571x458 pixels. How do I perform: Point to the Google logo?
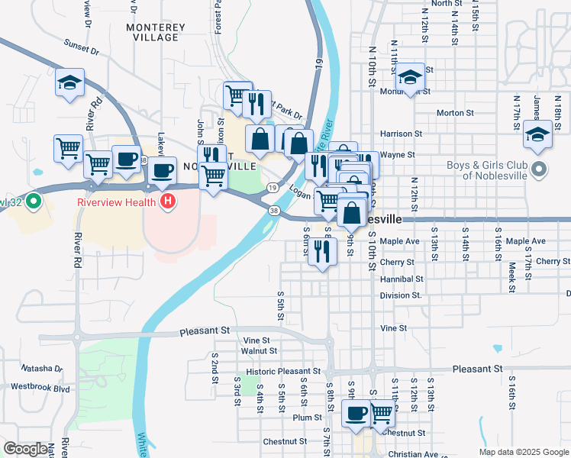pos(25,449)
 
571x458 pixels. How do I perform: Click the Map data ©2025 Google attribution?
pos(523,452)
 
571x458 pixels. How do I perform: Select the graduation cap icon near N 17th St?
pos(537,134)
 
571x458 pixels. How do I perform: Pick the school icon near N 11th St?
pos(410,77)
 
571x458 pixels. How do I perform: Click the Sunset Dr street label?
pos(82,47)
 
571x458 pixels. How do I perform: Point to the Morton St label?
pos(455,113)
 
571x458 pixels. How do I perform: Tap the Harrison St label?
pos(402,134)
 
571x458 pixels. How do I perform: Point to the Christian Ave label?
pos(413,453)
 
